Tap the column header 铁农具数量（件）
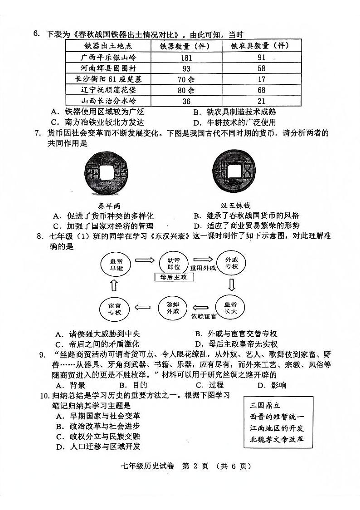(260, 46)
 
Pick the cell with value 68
(261, 90)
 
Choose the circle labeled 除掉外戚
(172, 308)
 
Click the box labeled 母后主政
(170, 277)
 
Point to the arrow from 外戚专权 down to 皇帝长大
(232, 285)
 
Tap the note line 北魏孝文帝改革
(277, 439)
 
